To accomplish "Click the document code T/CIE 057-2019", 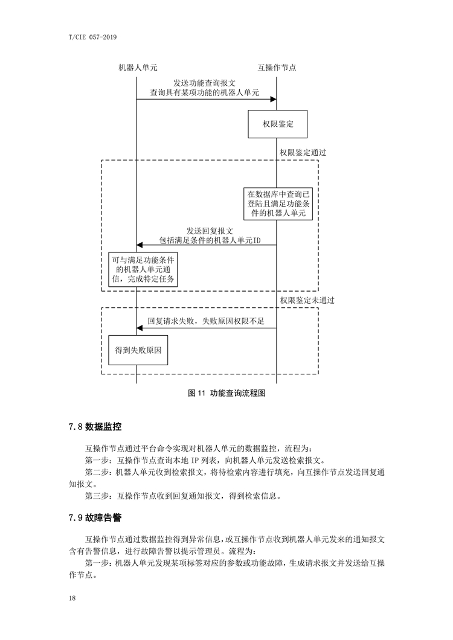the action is [93, 37].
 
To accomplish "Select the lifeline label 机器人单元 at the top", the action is [138, 68].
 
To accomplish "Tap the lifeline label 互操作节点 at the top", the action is [277, 68].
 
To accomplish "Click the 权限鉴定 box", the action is [277, 124].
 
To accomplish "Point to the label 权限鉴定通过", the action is [303, 153].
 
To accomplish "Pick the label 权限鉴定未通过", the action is [307, 301].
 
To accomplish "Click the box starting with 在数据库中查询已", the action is [278, 203].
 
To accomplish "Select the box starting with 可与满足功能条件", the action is [143, 269].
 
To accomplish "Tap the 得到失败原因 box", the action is [138, 350].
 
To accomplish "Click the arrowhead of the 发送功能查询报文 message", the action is [273, 99].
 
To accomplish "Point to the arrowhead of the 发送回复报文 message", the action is [140, 245].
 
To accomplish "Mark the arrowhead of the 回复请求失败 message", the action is [140, 328].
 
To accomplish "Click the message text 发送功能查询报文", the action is [205, 83].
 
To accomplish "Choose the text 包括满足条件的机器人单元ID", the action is [210, 240].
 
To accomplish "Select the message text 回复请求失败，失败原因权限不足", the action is [206, 321].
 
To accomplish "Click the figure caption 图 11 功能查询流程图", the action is [226, 393].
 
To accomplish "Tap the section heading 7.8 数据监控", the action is [95, 427].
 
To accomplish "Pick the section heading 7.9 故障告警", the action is [95, 517].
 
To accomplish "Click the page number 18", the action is [72, 598].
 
